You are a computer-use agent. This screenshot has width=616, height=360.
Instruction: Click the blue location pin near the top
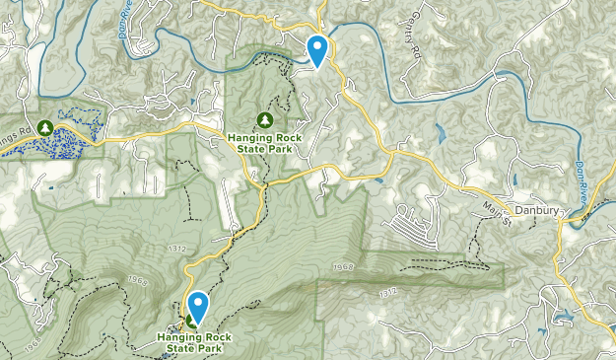pos(317,49)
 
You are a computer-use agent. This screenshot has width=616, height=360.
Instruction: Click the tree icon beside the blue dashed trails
pos(46,127)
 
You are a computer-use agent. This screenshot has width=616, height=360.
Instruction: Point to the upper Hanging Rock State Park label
pos(264,142)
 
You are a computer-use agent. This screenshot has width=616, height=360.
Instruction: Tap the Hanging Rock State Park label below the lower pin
pos(197,341)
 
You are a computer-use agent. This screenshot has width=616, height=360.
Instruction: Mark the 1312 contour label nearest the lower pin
pos(177,247)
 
